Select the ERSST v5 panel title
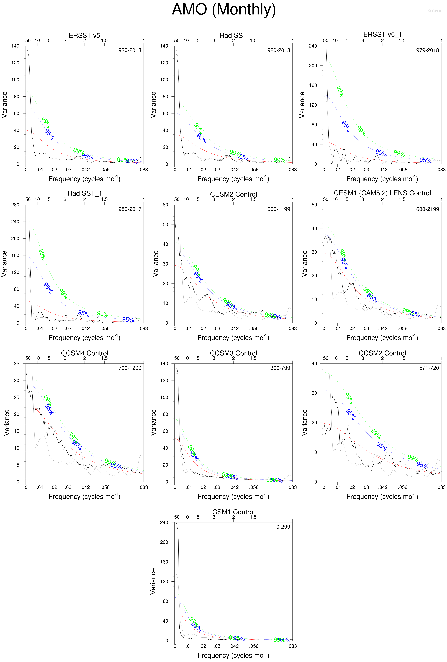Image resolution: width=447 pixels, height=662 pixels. click(x=84, y=35)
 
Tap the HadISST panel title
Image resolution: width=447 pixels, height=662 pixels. click(x=233, y=35)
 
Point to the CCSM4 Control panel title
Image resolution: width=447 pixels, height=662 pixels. click(x=84, y=353)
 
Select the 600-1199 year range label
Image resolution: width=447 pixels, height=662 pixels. click(x=279, y=209)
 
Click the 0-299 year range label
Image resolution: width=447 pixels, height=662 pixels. click(x=283, y=527)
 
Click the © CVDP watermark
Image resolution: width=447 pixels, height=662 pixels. click(x=435, y=11)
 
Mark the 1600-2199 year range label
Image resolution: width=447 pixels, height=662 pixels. click(x=426, y=209)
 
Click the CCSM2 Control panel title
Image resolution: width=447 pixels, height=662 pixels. click(x=382, y=353)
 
